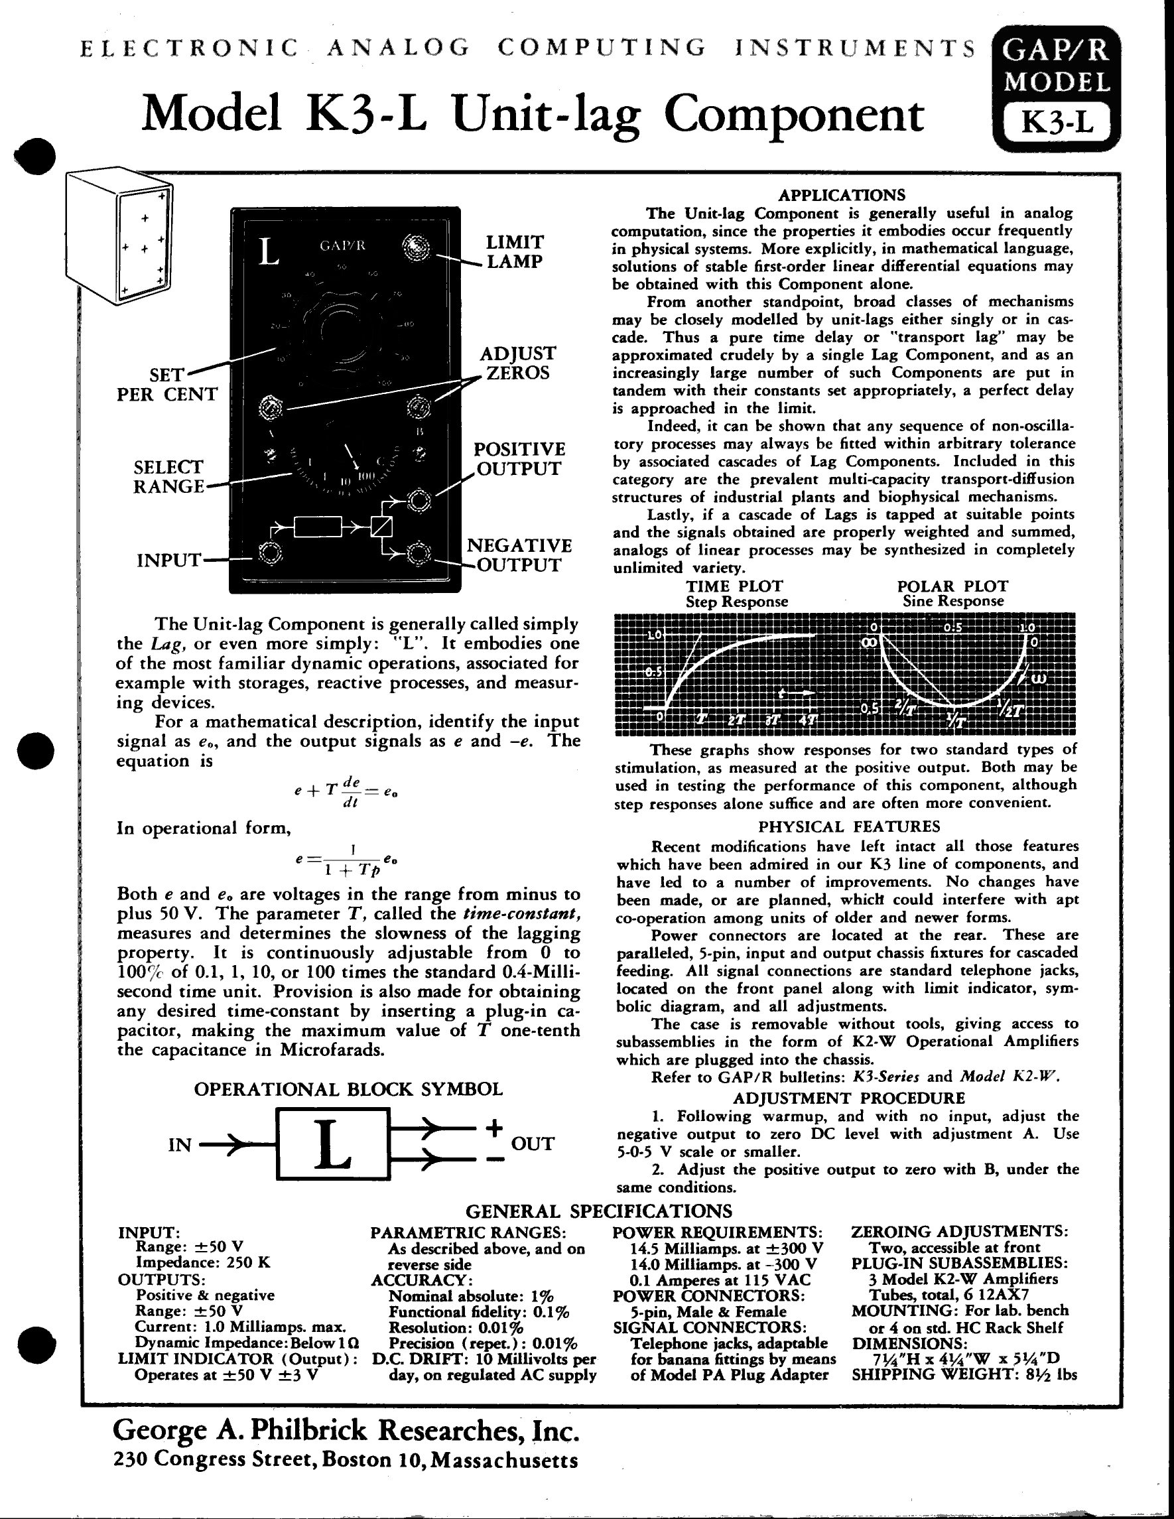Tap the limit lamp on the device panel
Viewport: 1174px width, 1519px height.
pos(417,247)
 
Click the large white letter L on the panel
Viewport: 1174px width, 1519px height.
pos(269,252)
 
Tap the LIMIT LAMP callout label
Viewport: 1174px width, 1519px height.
pos(515,252)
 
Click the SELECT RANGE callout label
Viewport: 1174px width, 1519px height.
pos(168,476)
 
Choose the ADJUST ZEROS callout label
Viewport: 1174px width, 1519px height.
pos(517,363)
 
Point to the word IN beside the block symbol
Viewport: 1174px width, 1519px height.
pos(180,1145)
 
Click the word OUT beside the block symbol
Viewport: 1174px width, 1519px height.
pos(533,1144)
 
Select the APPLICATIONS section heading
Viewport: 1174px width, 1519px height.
pos(842,195)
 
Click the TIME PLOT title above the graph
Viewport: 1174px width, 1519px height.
pos(734,586)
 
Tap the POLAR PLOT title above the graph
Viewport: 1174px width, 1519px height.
pos(952,586)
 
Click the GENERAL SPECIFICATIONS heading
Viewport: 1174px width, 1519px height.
pos(599,1211)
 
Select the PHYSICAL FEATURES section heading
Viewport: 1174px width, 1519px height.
pos(848,826)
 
